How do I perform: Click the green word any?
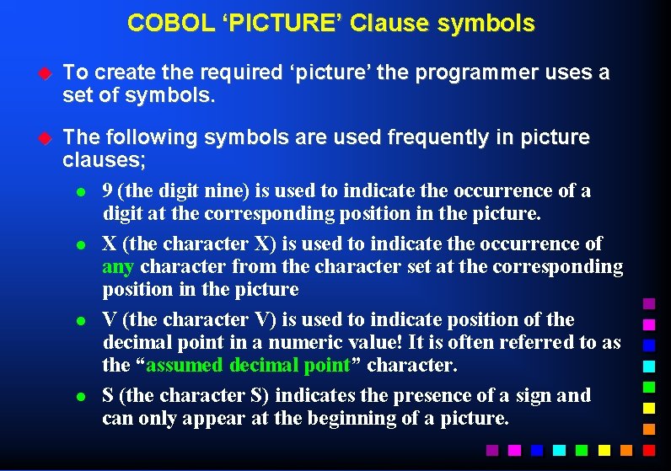pyautogui.click(x=118, y=267)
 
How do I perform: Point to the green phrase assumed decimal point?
pyautogui.click(x=249, y=366)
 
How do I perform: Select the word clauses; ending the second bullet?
pyautogui.click(x=104, y=158)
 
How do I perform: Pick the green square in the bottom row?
pyautogui.click(x=579, y=450)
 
